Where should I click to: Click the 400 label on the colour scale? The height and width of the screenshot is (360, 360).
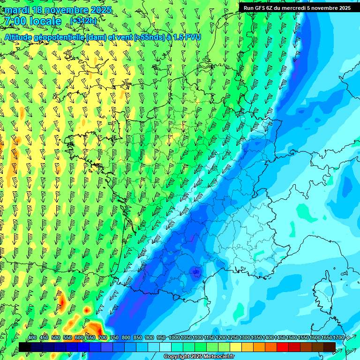[32, 338]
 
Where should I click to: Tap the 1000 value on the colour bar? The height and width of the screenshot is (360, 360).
[174, 338]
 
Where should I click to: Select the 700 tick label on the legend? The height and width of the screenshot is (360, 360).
[103, 338]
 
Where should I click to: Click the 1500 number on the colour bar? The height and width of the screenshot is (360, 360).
[292, 338]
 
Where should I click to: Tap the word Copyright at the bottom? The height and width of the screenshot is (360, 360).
[177, 357]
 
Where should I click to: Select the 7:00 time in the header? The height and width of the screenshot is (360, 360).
[15, 21]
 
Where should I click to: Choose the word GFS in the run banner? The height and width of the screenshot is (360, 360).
[259, 7]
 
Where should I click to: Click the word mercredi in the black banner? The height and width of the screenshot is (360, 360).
[294, 7]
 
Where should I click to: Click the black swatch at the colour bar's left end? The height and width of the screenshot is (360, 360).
[25, 347]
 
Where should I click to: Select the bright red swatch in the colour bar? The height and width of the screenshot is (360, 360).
[283, 347]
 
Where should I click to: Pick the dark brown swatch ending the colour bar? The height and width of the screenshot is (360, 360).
[330, 347]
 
